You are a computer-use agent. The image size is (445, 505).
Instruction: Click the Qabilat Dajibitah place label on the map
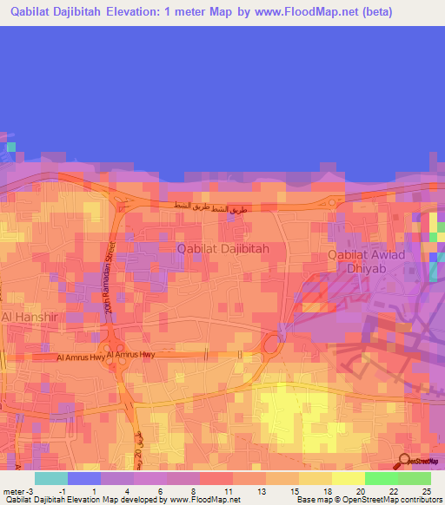pyautogui.click(x=222, y=248)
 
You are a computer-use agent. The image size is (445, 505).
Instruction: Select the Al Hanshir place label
pyautogui.click(x=29, y=318)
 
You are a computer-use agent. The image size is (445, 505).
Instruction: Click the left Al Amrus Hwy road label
pyautogui.click(x=83, y=357)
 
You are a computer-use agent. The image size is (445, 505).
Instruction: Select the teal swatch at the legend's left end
pyautogui.click(x=51, y=478)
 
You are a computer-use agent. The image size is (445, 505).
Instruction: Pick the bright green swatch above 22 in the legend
pyautogui.click(x=381, y=478)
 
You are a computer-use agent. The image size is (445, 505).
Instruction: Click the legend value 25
pyautogui.click(x=425, y=492)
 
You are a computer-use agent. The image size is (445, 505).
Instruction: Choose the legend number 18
pyautogui.click(x=327, y=492)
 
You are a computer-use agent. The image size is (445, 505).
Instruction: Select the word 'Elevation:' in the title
pyautogui.click(x=146, y=12)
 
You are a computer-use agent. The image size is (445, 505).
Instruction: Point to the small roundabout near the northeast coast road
pyautogui.click(x=332, y=203)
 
